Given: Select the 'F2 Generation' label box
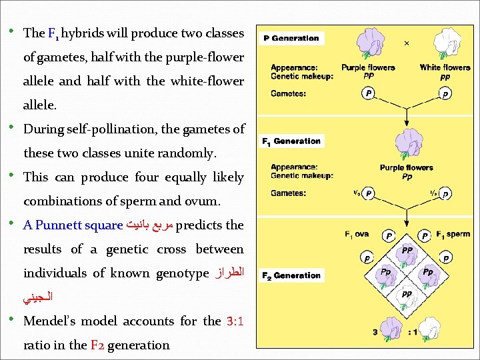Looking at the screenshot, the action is tap(291, 275).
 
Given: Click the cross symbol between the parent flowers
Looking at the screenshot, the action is tap(407, 43).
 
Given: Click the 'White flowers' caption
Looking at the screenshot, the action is tap(445, 67).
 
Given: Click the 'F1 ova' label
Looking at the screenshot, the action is tap(357, 234).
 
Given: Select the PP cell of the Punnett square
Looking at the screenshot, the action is tap(407, 251).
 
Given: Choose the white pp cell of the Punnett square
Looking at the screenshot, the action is tap(407, 293).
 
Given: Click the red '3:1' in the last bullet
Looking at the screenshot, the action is tap(235, 321).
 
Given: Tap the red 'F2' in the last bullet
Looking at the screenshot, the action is tap(97, 345).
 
